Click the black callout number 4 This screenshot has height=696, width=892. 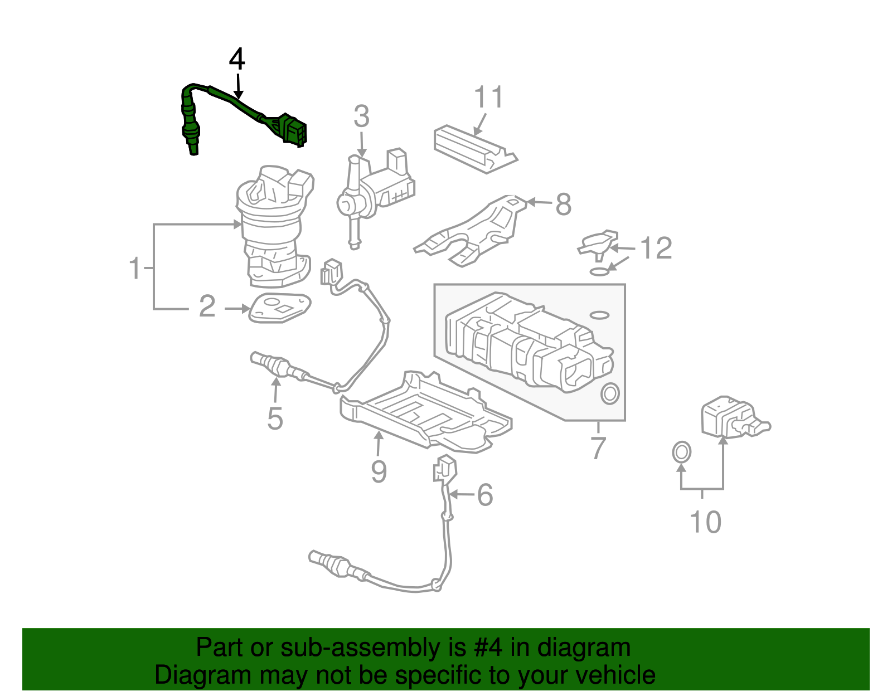(x=237, y=60)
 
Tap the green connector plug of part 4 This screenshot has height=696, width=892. (x=293, y=130)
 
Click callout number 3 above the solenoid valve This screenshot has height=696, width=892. (x=362, y=117)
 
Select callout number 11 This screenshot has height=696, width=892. (x=489, y=98)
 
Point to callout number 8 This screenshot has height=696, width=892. (x=563, y=205)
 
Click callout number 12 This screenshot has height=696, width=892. (x=656, y=248)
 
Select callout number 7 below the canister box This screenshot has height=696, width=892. (x=598, y=447)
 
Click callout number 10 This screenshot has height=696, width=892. (x=705, y=522)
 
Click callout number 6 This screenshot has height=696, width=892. (x=485, y=495)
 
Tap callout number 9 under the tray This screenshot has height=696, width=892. (x=379, y=471)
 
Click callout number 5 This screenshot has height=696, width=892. (x=275, y=418)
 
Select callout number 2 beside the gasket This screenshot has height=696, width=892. (x=207, y=306)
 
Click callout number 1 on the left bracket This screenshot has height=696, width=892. (x=135, y=269)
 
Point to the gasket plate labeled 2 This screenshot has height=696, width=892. (x=279, y=307)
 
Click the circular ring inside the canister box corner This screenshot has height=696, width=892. (x=609, y=393)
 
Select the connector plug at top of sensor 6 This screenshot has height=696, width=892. (x=445, y=468)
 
